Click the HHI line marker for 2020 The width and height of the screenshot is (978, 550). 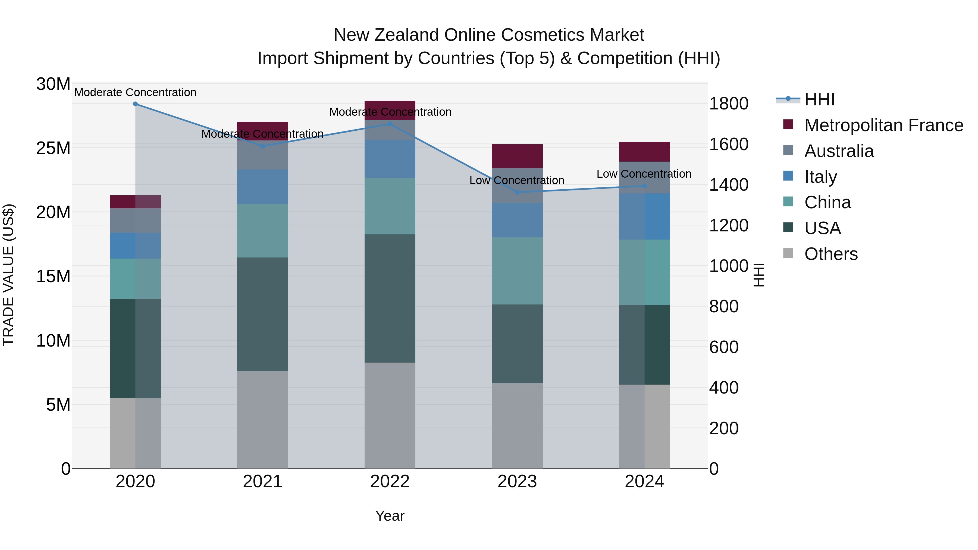click(135, 104)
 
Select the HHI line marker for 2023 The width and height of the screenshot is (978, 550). click(517, 193)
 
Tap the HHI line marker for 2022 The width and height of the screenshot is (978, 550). click(390, 124)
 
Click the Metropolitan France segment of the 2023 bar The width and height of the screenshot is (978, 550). click(517, 156)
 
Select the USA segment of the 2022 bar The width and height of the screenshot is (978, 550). click(390, 298)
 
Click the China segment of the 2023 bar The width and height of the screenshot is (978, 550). click(517, 271)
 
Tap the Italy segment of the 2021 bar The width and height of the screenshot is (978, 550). click(262, 187)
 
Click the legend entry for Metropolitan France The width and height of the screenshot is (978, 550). click(883, 125)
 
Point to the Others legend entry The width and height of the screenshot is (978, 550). click(831, 254)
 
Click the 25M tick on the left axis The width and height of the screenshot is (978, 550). click(54, 148)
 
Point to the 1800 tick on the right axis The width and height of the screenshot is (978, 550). click(728, 104)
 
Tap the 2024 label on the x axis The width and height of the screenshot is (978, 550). click(644, 482)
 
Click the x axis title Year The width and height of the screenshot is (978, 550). click(390, 516)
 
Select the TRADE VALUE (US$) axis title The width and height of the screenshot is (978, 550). click(8, 275)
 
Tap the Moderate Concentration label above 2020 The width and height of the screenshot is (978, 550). click(135, 92)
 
